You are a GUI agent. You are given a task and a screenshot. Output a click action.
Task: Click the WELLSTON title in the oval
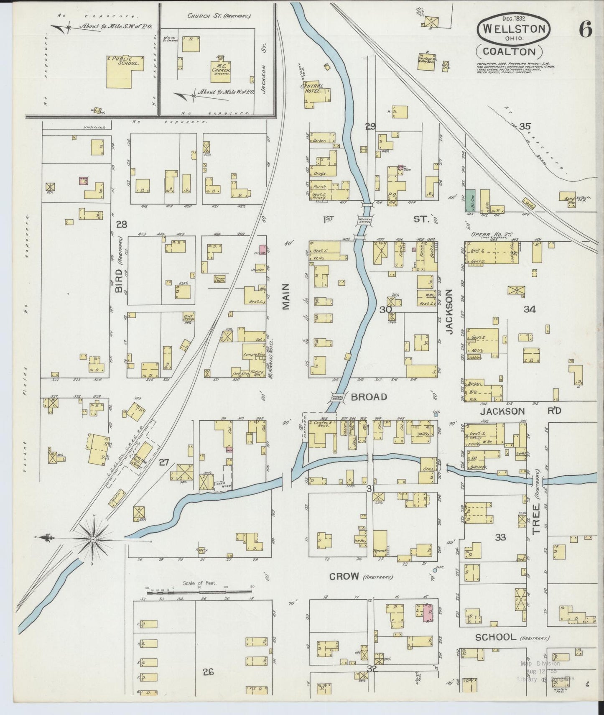514,29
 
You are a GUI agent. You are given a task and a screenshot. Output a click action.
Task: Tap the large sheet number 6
586,29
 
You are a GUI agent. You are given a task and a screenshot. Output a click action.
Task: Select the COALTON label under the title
509,51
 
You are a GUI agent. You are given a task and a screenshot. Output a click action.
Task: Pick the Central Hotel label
312,88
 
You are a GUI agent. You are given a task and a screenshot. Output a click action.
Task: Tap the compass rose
93,539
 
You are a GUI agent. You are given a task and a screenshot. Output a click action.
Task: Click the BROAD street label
369,397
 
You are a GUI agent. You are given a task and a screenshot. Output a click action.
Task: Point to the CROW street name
344,577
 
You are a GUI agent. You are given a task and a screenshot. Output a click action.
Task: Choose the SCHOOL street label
495,637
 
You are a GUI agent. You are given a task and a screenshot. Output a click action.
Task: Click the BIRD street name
118,281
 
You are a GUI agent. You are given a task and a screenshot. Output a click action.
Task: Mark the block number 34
530,309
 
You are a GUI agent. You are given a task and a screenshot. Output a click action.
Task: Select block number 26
208,672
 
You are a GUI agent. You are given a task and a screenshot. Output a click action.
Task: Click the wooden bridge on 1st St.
362,220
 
